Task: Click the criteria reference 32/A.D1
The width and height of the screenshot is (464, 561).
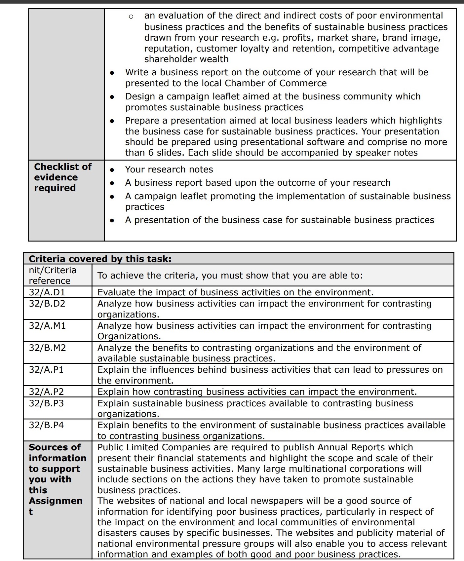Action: (x=47, y=292)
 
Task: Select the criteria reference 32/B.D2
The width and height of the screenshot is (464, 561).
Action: (x=47, y=303)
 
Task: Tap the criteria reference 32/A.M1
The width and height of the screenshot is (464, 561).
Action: (x=47, y=325)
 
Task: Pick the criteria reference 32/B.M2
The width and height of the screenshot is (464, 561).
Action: (x=47, y=348)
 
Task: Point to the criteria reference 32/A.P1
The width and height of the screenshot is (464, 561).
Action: (x=46, y=369)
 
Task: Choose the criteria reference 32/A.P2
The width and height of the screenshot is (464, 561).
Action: (x=46, y=392)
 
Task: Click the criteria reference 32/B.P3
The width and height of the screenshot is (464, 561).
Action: (x=46, y=403)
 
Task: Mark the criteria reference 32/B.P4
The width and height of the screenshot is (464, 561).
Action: (x=46, y=425)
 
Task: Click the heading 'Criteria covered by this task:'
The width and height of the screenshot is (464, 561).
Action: (x=100, y=259)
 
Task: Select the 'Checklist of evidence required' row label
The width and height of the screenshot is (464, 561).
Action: (x=63, y=177)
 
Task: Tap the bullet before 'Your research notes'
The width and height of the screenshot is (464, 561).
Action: (x=112, y=170)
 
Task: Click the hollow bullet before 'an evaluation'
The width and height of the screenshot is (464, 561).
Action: (x=131, y=16)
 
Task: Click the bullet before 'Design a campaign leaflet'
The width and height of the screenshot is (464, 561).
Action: (x=112, y=97)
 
